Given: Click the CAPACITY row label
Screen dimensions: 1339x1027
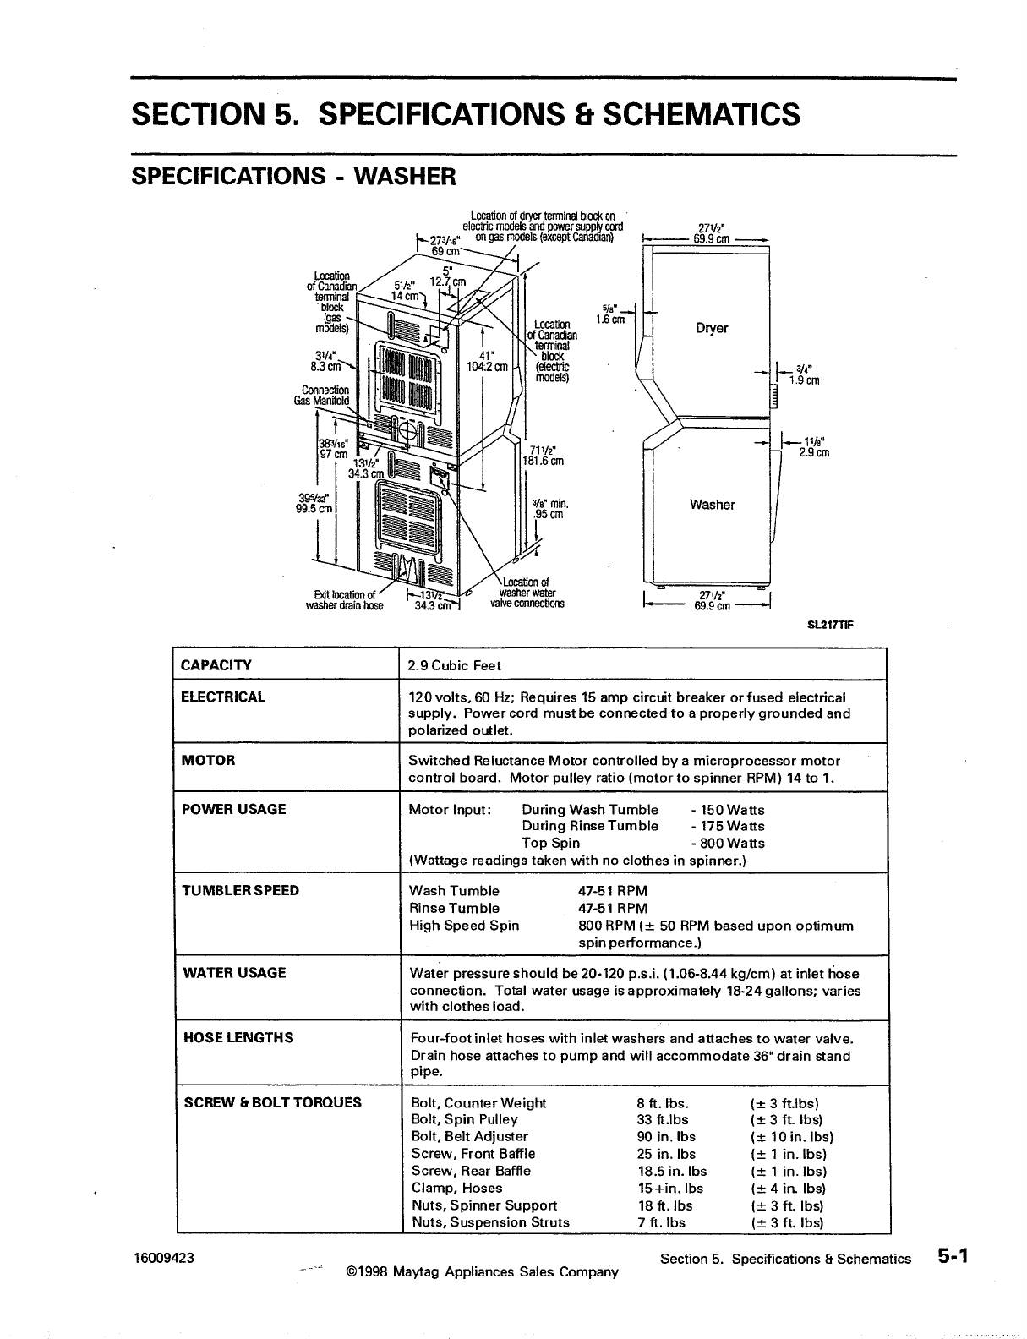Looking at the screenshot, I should tap(216, 665).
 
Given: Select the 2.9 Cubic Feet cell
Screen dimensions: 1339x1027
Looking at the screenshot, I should tap(455, 666).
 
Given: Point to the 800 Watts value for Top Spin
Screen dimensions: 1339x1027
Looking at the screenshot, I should tap(727, 843).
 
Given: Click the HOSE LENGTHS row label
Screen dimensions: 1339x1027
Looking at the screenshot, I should tap(238, 1037).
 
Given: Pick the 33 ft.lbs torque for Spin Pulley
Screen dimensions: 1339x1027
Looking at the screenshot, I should tap(663, 1120).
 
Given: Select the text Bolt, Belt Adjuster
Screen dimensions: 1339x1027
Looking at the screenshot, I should tap(469, 1137).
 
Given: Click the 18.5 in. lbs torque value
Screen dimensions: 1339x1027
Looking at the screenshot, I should tap(672, 1171).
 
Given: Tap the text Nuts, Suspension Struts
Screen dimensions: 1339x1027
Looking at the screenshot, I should tap(490, 1222).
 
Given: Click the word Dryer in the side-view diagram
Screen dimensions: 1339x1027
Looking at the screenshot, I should tap(712, 328).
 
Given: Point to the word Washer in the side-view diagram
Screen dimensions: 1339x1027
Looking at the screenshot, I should tap(712, 505).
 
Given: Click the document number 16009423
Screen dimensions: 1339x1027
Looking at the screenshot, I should tap(163, 1258).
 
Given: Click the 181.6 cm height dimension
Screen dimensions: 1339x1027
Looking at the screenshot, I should tap(543, 462).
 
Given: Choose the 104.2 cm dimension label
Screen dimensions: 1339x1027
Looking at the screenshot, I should tap(487, 367).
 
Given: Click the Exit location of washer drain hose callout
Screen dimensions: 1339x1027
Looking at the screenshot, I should tap(344, 599).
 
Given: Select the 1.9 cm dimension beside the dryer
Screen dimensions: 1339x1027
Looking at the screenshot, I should tap(804, 380).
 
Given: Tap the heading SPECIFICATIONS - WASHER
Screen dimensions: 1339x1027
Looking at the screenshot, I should tap(293, 177).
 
